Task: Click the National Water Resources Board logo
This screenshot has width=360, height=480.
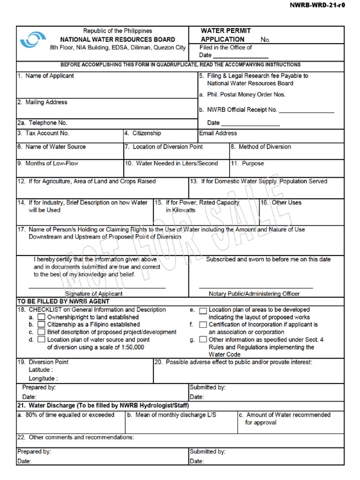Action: (33, 39)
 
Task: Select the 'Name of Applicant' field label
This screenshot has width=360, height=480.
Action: (45, 75)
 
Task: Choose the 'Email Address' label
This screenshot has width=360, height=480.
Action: (218, 134)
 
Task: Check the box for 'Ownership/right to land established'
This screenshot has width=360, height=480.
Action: (41, 317)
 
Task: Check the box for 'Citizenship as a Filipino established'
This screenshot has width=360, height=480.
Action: (41, 324)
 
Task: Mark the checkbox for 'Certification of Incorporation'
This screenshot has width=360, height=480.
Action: (203, 324)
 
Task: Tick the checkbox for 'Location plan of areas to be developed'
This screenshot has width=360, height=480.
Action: (203, 310)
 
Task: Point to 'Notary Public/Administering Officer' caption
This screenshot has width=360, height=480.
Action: (254, 294)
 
